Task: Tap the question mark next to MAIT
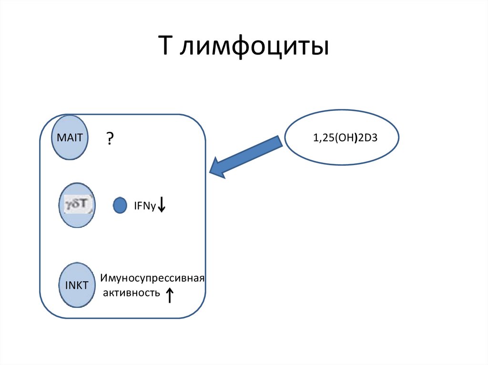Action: point(110,139)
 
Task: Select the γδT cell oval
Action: point(77,206)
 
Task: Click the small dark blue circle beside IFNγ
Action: point(120,206)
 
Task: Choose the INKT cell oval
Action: point(77,286)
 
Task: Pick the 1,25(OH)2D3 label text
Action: point(342,138)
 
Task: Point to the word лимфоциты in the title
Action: point(254,48)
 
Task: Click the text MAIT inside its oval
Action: point(70,138)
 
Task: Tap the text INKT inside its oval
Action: point(77,286)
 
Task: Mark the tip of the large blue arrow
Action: point(211,170)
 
